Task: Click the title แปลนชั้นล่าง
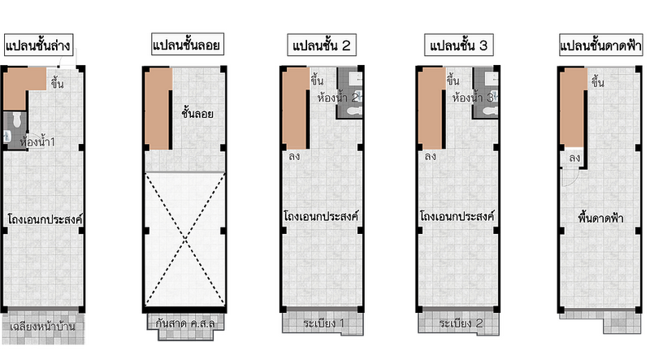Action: [38, 46]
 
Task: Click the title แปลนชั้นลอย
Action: [187, 45]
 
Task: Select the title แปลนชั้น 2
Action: [321, 46]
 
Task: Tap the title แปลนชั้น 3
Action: [458, 46]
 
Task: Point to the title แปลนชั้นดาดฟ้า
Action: [600, 45]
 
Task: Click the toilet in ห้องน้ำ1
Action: [16, 119]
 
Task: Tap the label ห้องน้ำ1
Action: [37, 142]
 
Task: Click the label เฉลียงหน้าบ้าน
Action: [42, 327]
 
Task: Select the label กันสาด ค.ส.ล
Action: [185, 323]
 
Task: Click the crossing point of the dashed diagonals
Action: [185, 239]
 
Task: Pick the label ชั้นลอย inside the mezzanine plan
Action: [197, 113]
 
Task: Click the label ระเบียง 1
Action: [323, 323]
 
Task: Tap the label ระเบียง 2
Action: [461, 323]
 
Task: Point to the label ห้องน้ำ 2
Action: [338, 98]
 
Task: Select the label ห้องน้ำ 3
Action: [473, 98]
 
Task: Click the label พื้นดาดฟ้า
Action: [600, 218]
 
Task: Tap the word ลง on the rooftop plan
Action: [574, 158]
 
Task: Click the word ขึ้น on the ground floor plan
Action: [57, 84]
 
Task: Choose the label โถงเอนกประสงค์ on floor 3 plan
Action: [457, 216]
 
